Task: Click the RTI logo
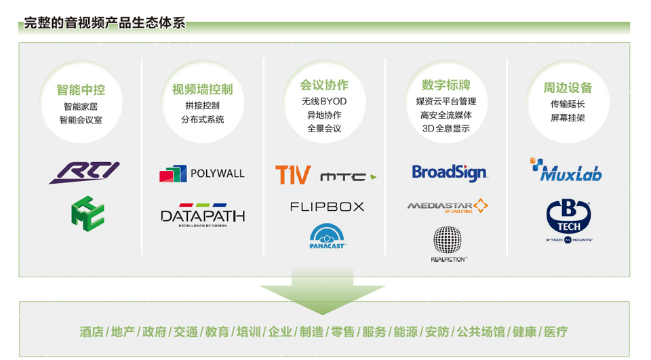[84, 172]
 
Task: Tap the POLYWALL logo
[202, 174]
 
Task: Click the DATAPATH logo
[202, 215]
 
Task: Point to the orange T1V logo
[292, 175]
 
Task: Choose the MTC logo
[347, 177]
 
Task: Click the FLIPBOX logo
[327, 206]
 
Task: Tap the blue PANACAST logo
[327, 237]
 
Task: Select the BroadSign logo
[450, 172]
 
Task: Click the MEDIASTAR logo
[448, 205]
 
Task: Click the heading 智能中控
[81, 89]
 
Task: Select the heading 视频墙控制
[202, 89]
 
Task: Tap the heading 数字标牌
[446, 85]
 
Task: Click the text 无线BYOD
[324, 102]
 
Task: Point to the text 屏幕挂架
[568, 118]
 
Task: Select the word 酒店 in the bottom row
[92, 332]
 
